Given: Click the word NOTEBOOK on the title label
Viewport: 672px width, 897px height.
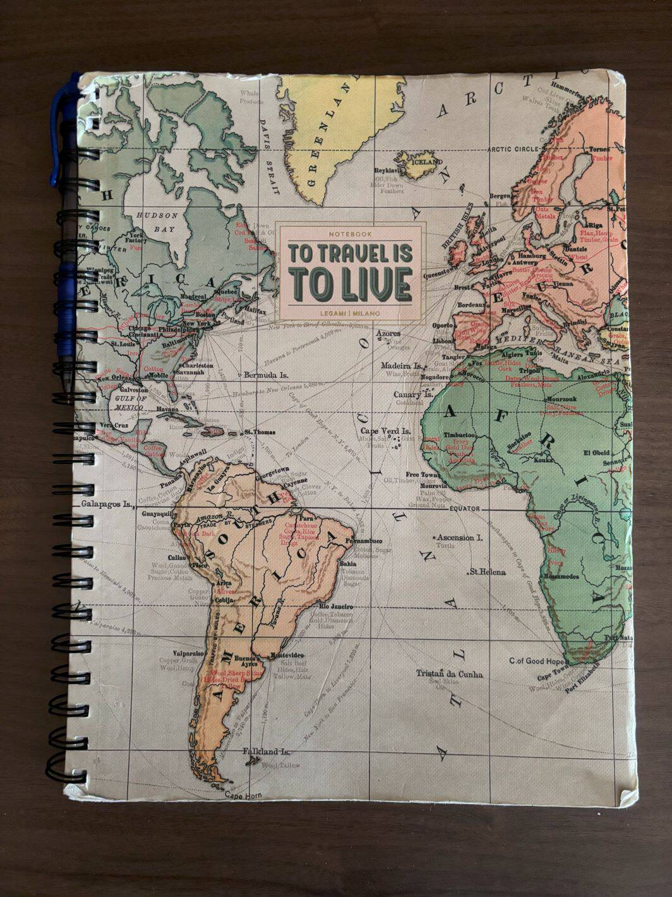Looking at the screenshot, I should pyautogui.click(x=347, y=235).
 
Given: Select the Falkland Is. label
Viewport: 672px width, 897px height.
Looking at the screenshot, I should pyautogui.click(x=266, y=752).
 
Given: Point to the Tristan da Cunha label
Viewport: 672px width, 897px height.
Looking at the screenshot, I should pyautogui.click(x=449, y=674).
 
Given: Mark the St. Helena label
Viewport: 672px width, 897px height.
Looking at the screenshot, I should pyautogui.click(x=487, y=572).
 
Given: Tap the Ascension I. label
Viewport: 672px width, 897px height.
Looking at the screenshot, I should pyautogui.click(x=460, y=537).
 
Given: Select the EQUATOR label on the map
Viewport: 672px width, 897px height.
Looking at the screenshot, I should pyautogui.click(x=465, y=508).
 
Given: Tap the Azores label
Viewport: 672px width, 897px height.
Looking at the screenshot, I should pyautogui.click(x=387, y=333).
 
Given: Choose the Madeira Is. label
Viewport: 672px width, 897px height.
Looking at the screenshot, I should pyautogui.click(x=402, y=365).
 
